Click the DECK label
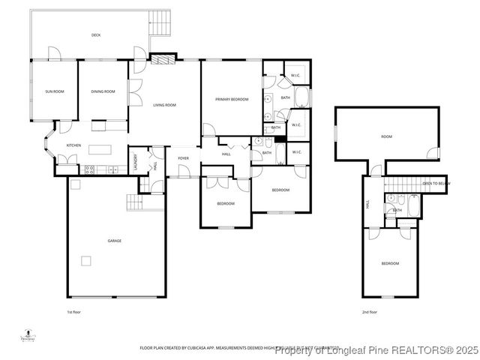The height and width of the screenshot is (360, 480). click(96, 35)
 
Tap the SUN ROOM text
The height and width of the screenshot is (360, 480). click(54, 91)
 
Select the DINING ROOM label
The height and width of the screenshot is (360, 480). click(103, 91)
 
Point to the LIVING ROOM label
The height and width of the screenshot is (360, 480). click(164, 105)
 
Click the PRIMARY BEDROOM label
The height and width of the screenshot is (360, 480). click(232, 99)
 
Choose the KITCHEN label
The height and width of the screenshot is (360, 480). click(73, 145)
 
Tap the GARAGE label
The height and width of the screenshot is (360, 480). click(114, 241)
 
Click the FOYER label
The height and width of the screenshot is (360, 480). click(183, 158)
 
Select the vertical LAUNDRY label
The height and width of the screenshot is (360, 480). click(136, 163)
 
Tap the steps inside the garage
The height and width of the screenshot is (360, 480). click(134, 202)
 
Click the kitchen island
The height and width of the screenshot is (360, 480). click(100, 148)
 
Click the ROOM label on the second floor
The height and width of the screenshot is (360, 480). click(386, 136)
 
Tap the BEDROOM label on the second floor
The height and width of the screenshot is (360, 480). click(390, 263)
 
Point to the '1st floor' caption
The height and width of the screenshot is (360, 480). click(73, 311)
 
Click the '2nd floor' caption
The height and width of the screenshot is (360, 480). click(370, 311)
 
